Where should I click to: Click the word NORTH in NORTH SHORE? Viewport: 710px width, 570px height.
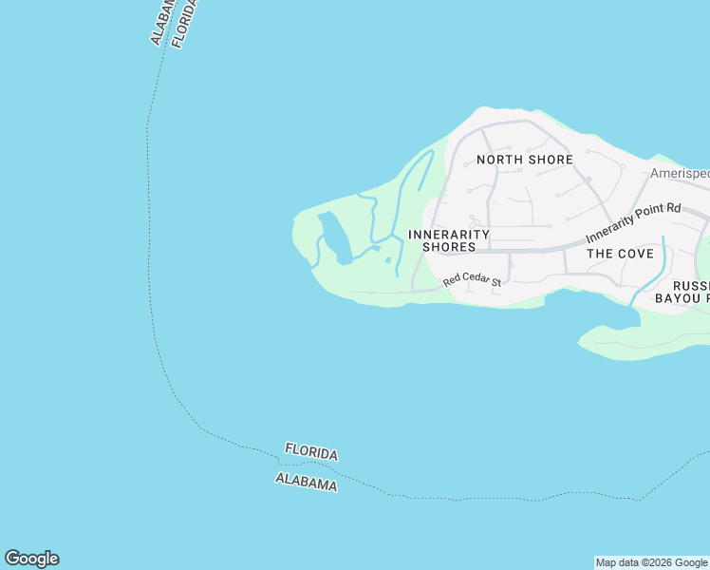click(499, 160)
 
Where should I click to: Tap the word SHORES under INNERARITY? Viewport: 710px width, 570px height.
click(449, 247)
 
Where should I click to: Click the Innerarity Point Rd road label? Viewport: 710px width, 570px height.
click(633, 222)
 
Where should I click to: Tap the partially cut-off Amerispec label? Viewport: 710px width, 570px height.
click(680, 174)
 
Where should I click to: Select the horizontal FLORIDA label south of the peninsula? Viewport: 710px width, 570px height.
click(311, 453)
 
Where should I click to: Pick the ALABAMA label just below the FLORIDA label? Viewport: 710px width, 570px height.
click(306, 482)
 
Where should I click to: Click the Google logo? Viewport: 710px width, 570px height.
click(31, 559)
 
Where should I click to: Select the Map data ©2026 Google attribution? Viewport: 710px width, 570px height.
click(652, 562)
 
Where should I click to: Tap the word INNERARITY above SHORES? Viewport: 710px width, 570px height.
click(449, 234)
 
